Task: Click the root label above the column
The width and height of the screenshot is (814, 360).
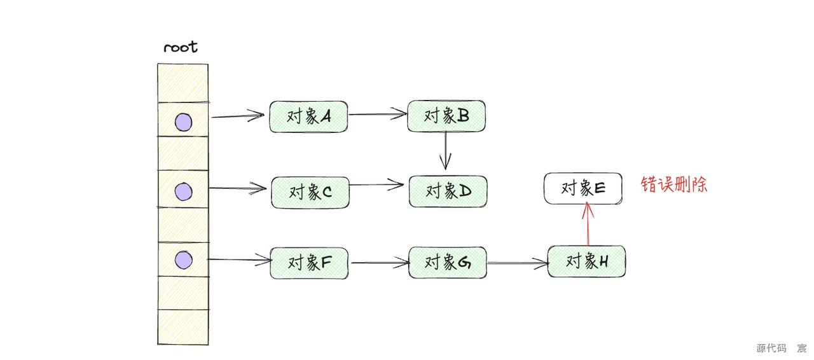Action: [181, 47]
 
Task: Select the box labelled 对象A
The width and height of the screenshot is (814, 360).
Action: [308, 116]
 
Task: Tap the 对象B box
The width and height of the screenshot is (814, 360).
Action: [446, 116]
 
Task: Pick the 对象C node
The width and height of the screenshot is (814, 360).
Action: [310, 191]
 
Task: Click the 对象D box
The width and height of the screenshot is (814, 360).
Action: [448, 191]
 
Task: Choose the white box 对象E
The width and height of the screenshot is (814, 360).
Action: [583, 188]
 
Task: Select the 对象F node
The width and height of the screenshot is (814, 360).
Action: [309, 263]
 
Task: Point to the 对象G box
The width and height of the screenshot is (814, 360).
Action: [447, 262]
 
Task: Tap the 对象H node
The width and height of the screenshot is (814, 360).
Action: [586, 261]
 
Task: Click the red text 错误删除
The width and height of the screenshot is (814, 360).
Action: [673, 185]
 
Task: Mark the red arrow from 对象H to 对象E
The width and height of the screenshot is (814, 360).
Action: [588, 223]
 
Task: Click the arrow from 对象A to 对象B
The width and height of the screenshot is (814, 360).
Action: [378, 114]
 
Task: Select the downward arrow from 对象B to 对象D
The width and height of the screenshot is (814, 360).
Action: [446, 151]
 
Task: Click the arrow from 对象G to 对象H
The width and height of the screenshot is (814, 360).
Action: [516, 262]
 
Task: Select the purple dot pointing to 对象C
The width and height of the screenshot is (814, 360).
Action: [183, 191]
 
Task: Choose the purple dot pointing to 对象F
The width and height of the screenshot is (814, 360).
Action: [183, 260]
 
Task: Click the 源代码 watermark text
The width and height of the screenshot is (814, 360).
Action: [771, 348]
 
